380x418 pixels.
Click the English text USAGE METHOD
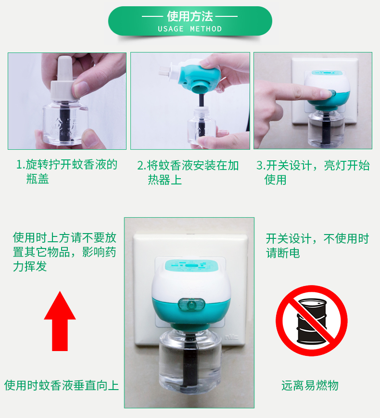190,28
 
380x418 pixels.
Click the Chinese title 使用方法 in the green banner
190,16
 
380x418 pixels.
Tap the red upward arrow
60,321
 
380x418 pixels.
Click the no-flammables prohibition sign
311,321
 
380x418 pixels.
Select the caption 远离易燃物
310,385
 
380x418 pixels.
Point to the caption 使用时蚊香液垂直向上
62,385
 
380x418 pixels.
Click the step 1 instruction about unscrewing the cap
66,171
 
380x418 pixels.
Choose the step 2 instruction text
188,172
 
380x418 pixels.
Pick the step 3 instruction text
313,172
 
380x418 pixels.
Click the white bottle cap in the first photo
62,78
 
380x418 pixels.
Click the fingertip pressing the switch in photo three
326,93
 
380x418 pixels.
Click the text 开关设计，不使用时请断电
317,246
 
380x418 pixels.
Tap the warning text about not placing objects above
64,252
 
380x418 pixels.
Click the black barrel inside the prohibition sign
312,321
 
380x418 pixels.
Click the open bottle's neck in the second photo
202,112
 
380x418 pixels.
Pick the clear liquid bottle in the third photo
326,129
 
